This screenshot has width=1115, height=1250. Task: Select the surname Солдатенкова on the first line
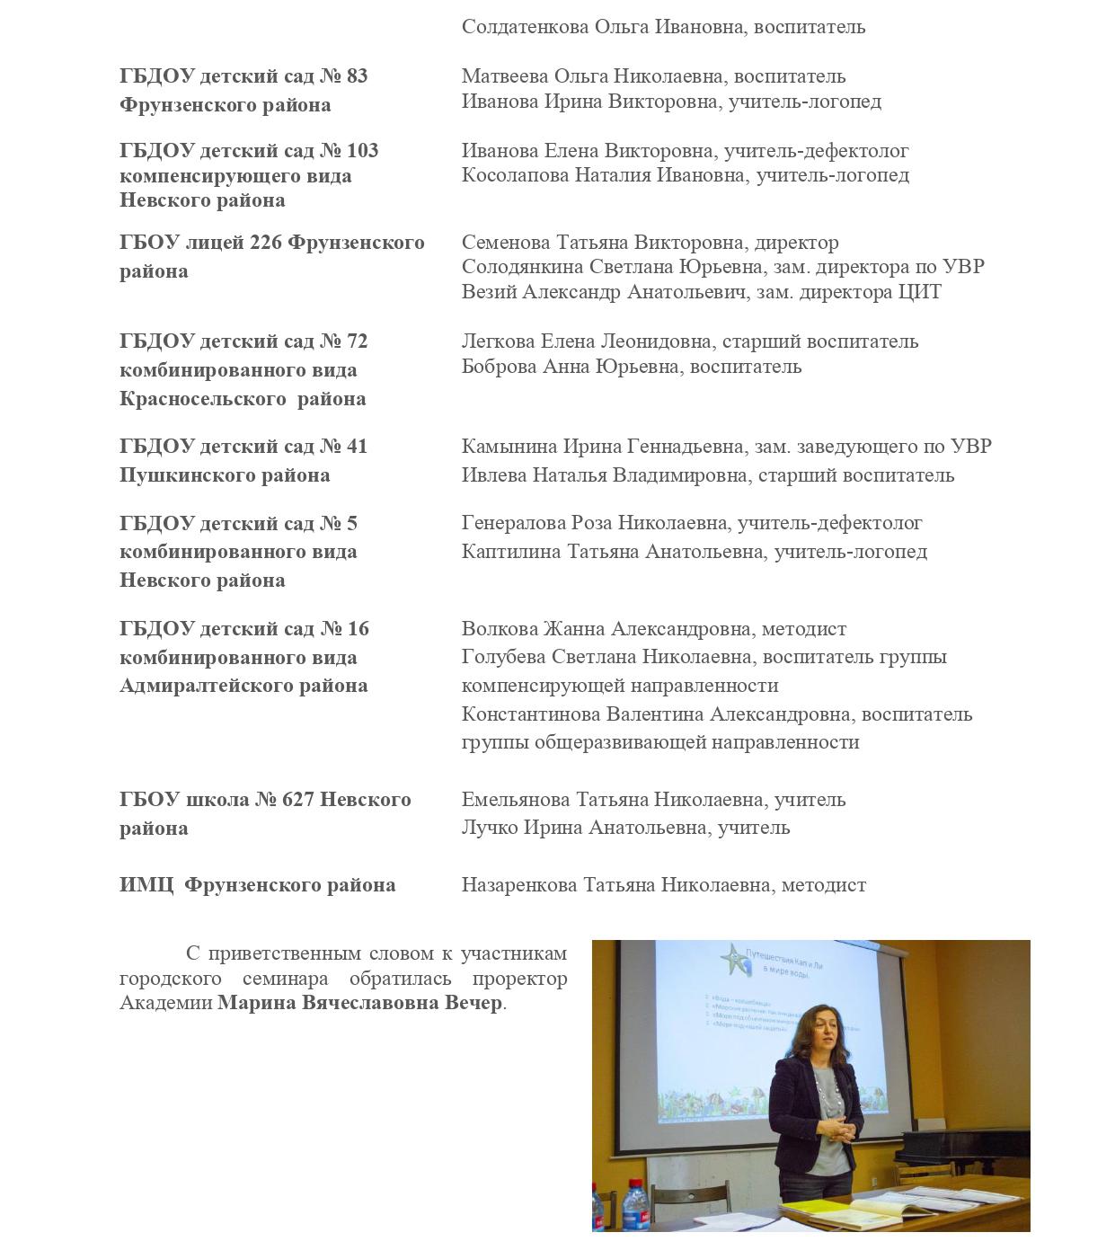tap(525, 27)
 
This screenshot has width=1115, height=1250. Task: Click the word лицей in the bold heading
tap(214, 243)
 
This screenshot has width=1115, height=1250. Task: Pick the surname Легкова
tap(497, 341)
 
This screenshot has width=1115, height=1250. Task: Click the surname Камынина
tap(509, 447)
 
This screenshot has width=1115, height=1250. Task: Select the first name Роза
tap(593, 523)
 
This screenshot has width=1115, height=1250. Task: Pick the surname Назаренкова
tap(519, 885)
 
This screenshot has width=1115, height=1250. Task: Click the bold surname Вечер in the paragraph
tap(473, 1003)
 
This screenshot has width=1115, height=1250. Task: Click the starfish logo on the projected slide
tap(737, 959)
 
